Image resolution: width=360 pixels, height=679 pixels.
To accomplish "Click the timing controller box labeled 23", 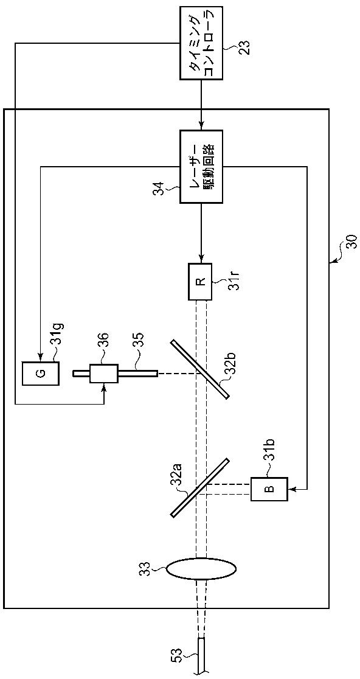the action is click(201, 43).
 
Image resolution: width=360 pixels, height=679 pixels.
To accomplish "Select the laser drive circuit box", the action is click(201, 166).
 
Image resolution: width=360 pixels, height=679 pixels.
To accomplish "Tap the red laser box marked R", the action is click(200, 282).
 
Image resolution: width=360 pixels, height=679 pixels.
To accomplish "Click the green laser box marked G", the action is click(41, 374).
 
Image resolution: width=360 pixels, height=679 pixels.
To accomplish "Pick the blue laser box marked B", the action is click(269, 489).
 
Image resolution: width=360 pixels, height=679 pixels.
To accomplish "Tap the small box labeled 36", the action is click(104, 374).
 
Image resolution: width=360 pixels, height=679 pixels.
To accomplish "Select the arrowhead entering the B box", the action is click(291, 489).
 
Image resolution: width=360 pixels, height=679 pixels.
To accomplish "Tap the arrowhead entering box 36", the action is click(104, 387).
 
